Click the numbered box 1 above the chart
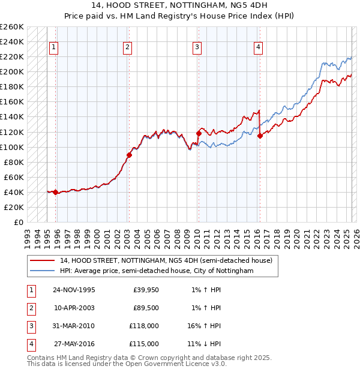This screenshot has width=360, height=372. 54,47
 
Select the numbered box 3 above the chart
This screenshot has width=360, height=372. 197,47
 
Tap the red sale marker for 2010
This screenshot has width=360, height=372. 199,133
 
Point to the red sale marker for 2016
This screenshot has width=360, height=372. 260,136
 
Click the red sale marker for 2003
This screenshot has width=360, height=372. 129,155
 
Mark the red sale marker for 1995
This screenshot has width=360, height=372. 56,192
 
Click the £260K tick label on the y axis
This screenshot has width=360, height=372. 12,27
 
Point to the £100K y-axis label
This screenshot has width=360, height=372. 12,147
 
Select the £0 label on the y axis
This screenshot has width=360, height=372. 18,222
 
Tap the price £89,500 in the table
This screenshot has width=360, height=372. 146,308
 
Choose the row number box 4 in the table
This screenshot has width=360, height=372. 30,344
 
